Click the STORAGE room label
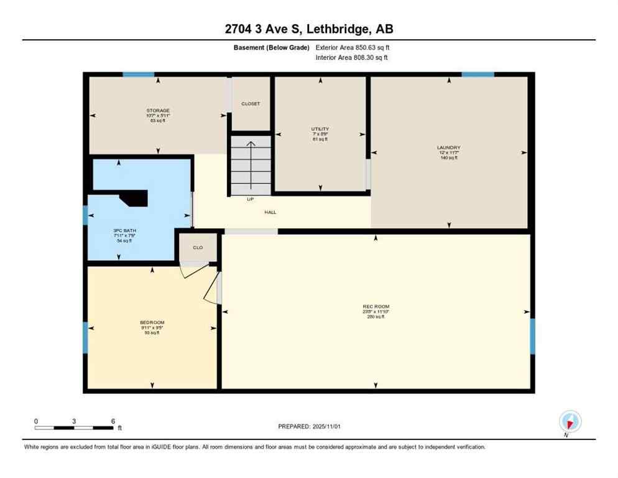(158, 111)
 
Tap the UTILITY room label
(320, 129)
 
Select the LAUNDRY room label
(448, 148)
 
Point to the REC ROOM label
(376, 307)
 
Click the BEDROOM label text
(152, 322)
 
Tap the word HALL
(270, 212)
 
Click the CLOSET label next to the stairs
(251, 104)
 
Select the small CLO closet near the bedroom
(198, 248)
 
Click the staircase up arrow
(251, 165)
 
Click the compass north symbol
(570, 422)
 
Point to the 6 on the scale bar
(113, 421)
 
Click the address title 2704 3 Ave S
(308, 29)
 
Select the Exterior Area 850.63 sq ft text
(353, 47)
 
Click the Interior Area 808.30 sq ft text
(352, 57)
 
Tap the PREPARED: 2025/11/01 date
(310, 426)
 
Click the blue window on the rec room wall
(532, 336)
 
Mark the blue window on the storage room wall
(138, 75)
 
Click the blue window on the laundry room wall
(477, 75)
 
